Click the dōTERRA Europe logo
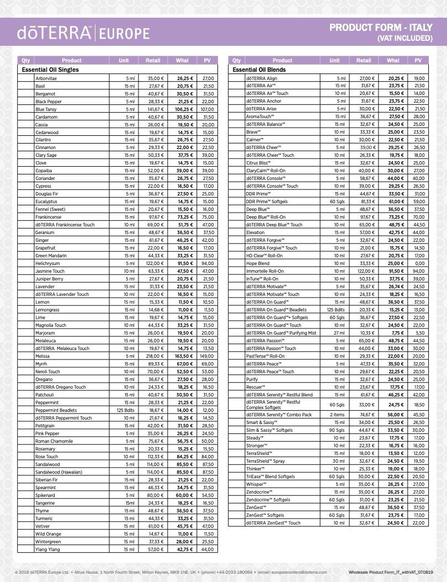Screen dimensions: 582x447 [x=83, y=33]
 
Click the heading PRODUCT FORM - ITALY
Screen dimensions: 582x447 [x=381, y=28]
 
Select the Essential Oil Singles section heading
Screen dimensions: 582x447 [x=50, y=70]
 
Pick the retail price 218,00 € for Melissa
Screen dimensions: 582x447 [x=156, y=356]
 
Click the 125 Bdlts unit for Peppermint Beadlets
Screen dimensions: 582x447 [x=125, y=410]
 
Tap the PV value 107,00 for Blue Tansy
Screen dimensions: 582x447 [x=207, y=109]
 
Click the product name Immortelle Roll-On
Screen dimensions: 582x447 [x=265, y=271]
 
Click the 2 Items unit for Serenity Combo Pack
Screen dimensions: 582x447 [x=337, y=414]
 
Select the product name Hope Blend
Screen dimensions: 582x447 [x=258, y=263]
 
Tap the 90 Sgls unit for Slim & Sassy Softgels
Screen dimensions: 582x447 [x=337, y=430]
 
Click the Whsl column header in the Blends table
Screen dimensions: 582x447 [x=393, y=60]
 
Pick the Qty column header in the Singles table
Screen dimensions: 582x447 [x=26, y=60]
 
